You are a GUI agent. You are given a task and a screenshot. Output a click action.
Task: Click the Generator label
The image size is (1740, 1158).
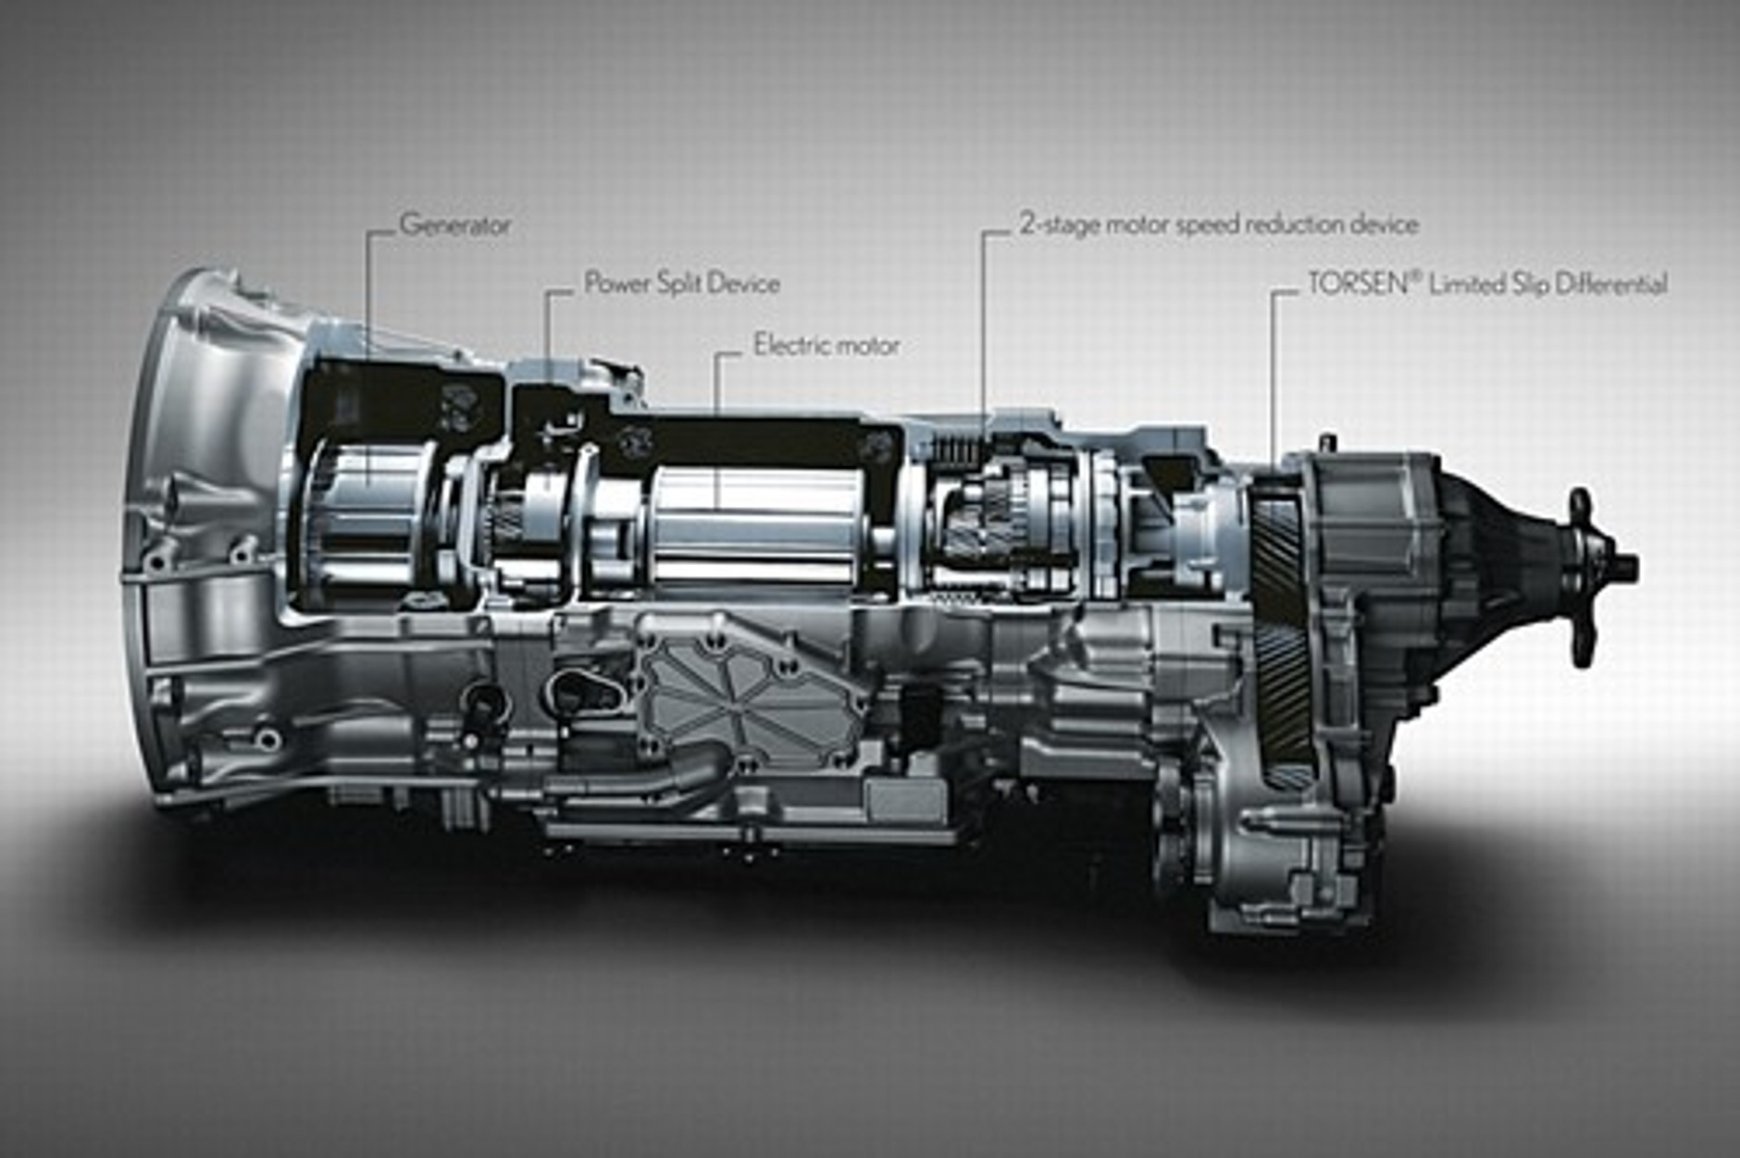pos(454,225)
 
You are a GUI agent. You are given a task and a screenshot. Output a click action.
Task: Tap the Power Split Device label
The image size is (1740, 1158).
pos(682,283)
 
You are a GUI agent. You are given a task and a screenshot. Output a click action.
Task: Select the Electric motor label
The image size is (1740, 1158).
pos(826,345)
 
